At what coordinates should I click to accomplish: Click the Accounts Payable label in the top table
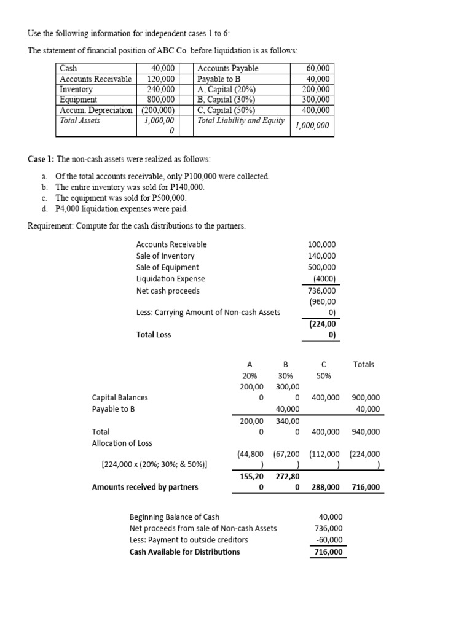coord(227,68)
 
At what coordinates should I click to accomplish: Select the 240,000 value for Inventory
coord(162,89)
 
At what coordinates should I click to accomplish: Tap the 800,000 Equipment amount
coord(162,100)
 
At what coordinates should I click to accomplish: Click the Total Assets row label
coord(80,120)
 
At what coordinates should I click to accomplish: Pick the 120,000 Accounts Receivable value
coord(162,79)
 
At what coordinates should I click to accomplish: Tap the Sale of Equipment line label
coord(167,267)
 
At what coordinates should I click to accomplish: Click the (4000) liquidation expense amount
coord(325,279)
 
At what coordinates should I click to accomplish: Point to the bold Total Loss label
coord(154,335)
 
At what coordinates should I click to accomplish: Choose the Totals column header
coord(364,364)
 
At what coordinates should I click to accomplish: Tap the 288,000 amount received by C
coord(326,488)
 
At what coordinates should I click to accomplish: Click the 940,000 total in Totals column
coord(365,432)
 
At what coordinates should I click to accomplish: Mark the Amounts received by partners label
coord(145,488)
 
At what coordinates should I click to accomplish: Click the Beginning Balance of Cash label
coord(174,517)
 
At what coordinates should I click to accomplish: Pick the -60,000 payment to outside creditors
coord(329,540)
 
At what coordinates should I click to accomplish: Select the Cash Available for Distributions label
coord(184,552)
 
